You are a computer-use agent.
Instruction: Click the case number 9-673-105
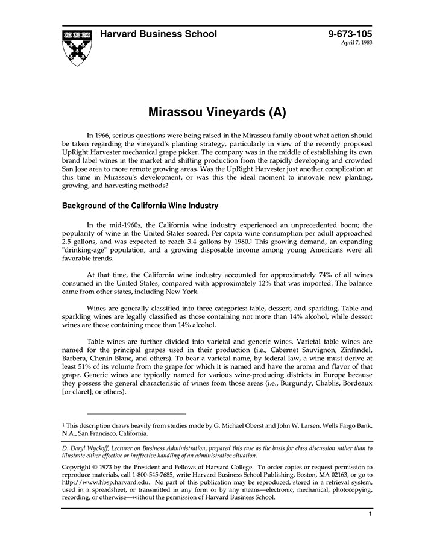tap(350, 34)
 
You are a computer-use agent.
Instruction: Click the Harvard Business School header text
tap(159, 34)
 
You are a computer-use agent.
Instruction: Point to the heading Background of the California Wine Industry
tap(140, 206)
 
